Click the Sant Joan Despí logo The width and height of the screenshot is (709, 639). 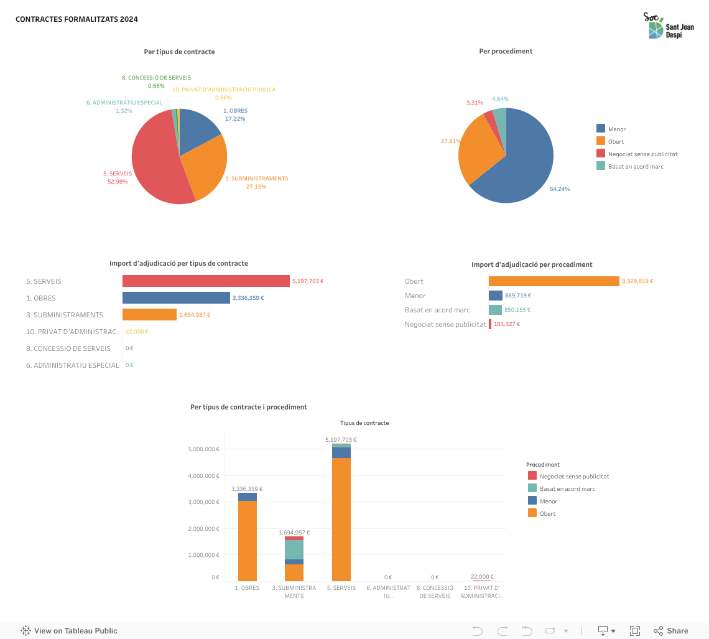point(668,26)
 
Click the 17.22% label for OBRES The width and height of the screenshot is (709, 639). point(235,119)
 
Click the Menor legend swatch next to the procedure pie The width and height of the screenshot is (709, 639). point(601,129)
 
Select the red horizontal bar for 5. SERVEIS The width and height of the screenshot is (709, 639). point(206,281)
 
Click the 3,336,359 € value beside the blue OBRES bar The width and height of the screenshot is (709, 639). point(248,298)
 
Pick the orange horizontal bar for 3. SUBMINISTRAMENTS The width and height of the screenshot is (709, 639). point(149,315)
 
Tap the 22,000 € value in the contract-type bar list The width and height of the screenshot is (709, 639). point(137,332)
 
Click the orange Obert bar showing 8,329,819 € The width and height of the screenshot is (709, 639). point(554,281)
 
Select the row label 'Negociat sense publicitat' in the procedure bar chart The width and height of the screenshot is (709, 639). point(445,324)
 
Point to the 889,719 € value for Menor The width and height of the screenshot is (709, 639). point(518,296)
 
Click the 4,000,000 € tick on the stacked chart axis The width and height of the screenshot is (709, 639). point(203,476)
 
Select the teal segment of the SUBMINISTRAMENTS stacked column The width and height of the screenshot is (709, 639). point(294,549)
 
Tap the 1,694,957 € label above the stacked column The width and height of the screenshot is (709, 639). point(294,533)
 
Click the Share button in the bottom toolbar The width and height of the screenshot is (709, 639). point(671,631)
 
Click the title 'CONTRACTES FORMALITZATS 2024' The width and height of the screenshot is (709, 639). point(76,19)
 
